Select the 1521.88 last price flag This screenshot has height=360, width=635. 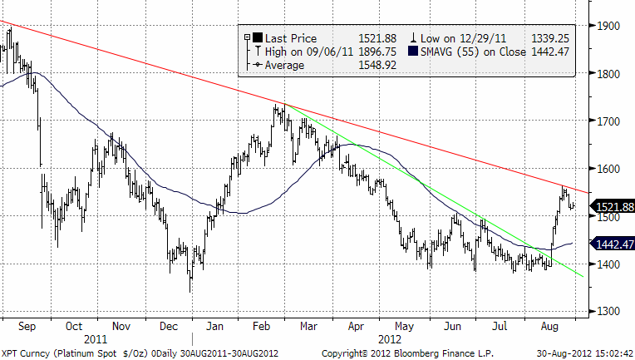(x=611, y=206)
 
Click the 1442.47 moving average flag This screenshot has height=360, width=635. (x=611, y=244)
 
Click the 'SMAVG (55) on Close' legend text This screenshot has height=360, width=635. (x=479, y=51)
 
